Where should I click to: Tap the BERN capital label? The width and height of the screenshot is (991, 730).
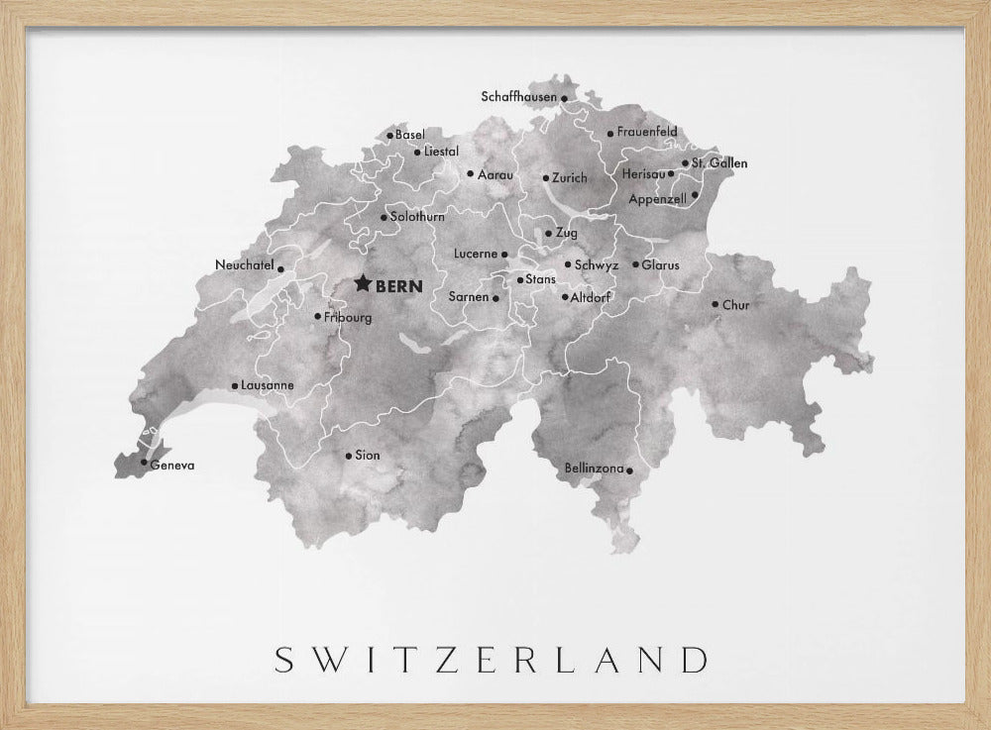(399, 286)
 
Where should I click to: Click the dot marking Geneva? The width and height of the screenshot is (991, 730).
(144, 463)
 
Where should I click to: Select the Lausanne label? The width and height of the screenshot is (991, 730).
(267, 385)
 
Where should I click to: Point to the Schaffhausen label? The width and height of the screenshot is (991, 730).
(518, 97)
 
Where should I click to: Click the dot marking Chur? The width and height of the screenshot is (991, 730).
(715, 304)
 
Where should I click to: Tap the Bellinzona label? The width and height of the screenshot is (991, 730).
(594, 468)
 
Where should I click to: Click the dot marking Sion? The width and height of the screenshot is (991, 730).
(348, 456)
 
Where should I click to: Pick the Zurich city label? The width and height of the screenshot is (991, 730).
(570, 178)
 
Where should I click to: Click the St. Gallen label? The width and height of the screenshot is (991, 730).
(719, 162)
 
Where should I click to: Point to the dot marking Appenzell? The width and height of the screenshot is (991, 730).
(695, 195)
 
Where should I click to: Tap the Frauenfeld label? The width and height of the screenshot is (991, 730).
(647, 132)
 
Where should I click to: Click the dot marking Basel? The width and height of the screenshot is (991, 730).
(389, 135)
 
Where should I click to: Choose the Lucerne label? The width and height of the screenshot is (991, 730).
(475, 254)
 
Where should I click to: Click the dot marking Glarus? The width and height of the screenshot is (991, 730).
(635, 264)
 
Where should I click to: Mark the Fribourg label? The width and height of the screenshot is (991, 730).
(348, 317)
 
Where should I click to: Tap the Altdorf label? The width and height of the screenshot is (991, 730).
(591, 297)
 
